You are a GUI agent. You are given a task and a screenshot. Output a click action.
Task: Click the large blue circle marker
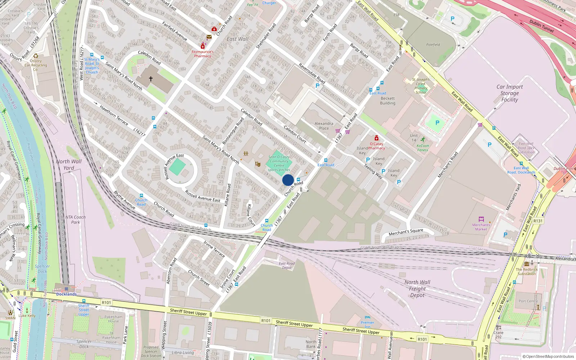pos(288,180)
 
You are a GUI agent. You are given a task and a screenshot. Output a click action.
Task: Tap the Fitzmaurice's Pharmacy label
pos(203,54)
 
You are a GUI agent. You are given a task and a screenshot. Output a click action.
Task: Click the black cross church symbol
pos(151,78)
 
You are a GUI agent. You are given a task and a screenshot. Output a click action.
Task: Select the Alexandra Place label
pos(324,126)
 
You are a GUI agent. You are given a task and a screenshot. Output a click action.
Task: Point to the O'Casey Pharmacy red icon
pos(377,138)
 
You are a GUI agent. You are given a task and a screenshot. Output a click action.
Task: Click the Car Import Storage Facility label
pos(509,93)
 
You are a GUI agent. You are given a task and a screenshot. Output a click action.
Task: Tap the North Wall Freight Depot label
pos(417,289)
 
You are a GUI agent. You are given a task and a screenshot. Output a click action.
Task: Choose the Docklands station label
pos(66,294)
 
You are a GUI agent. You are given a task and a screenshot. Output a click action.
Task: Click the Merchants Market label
pos(481,227)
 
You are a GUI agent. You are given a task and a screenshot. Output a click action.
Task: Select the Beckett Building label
pos(388,101)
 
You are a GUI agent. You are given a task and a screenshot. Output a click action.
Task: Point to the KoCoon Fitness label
pos(423,148)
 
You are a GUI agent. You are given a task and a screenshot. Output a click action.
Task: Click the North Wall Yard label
pos(69,165)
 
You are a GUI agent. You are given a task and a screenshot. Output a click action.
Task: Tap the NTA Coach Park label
pos(75,220)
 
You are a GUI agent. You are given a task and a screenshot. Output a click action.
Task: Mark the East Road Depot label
pos(287,266)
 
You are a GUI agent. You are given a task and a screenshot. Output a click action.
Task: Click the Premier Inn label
pos(367,325)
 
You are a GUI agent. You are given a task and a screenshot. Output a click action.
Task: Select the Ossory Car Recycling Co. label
pos(36,65)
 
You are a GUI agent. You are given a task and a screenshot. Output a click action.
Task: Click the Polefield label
pos(433,45)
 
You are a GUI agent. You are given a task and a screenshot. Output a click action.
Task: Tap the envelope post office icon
pos(209,37)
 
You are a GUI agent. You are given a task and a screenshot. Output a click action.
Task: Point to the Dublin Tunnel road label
pos(541,26)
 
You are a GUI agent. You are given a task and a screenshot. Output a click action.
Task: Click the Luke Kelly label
pos(27,316)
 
